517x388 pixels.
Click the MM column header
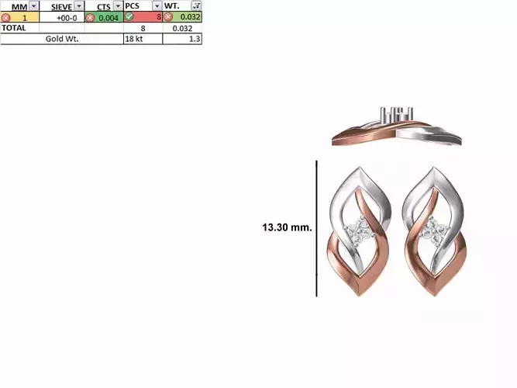18,6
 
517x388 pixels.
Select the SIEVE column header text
60,6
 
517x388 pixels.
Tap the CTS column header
103,6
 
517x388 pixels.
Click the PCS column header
133,6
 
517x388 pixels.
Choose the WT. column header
174,6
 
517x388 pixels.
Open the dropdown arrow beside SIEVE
79,6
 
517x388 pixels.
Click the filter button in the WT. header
196,6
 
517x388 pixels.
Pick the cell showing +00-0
66,17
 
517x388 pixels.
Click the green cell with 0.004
108,17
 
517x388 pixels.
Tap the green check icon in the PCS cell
129,17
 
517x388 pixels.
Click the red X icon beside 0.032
167,17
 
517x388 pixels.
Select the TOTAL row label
14,27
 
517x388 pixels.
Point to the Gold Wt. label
62,38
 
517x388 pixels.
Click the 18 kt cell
134,38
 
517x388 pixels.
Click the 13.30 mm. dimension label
287,227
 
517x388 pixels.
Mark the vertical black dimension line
316,228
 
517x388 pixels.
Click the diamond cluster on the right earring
435,229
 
